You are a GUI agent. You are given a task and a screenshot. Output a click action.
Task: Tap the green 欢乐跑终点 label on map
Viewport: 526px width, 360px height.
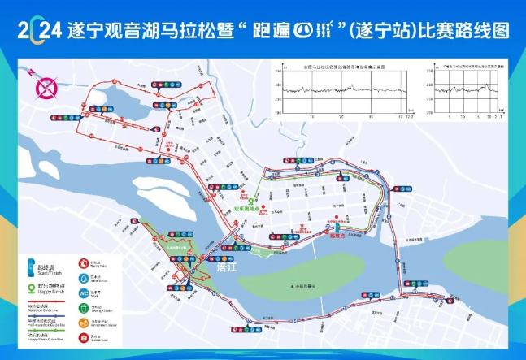pos(246,208)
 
